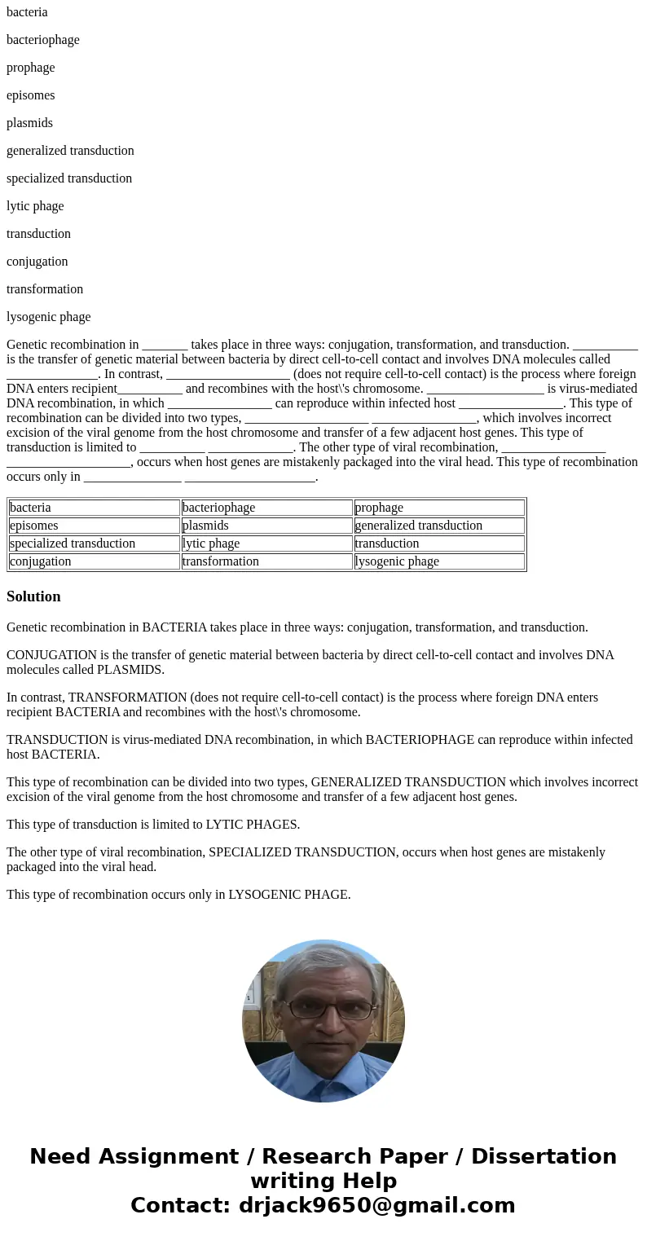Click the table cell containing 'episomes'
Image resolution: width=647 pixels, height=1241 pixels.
click(94, 526)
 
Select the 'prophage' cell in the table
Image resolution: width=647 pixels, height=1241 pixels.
click(439, 508)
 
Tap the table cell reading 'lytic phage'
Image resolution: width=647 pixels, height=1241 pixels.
click(266, 543)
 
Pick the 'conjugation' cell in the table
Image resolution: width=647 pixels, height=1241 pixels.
click(94, 561)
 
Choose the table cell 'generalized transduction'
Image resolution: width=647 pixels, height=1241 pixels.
click(439, 526)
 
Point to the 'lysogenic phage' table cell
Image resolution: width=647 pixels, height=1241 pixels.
click(439, 561)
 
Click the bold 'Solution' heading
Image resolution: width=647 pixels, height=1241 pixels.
click(33, 596)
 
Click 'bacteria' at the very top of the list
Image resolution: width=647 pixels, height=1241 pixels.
click(27, 12)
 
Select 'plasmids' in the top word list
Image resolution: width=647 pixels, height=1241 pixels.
click(29, 123)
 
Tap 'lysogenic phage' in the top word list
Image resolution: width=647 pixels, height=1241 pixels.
click(48, 317)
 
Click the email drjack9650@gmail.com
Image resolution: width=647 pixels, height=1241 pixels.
click(376, 1206)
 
